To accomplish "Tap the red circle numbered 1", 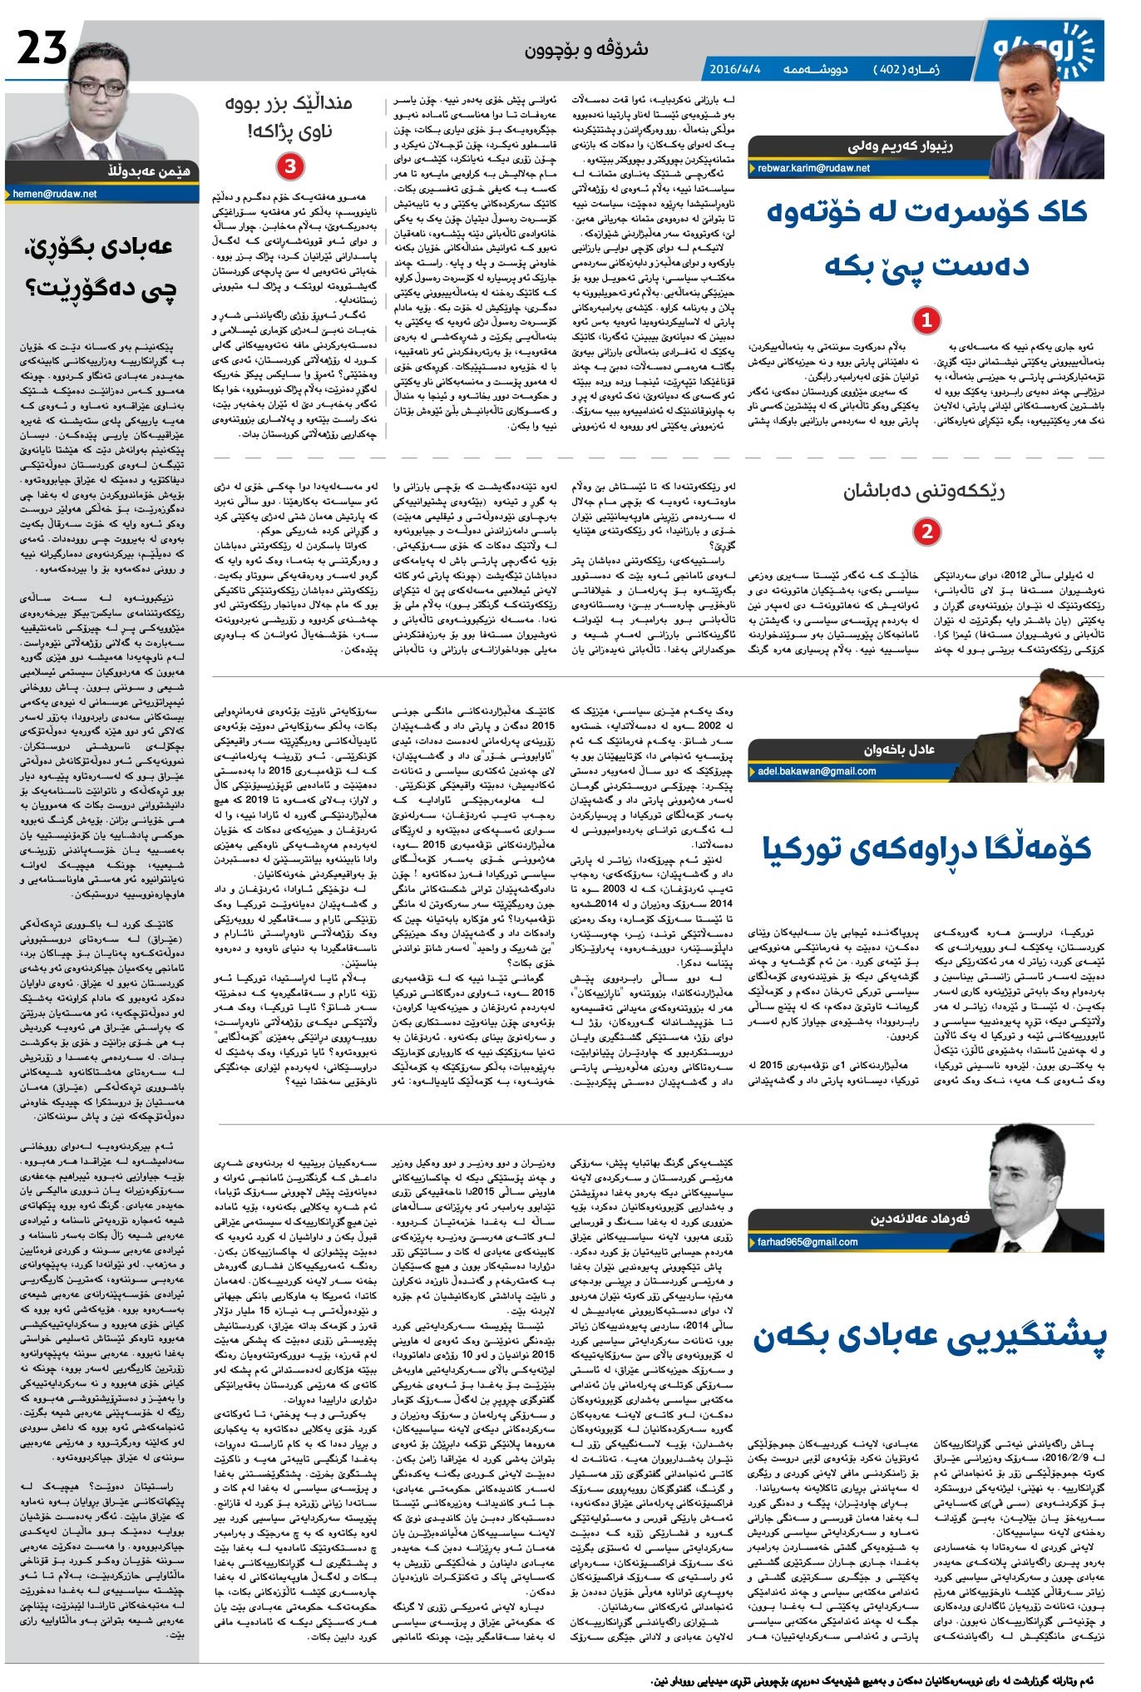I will point(926,320).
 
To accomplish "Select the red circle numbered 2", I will point(926,532).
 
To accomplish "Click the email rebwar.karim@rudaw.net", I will point(813,168).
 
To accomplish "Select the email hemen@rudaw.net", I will point(55,194).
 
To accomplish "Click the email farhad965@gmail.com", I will point(807,1242).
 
